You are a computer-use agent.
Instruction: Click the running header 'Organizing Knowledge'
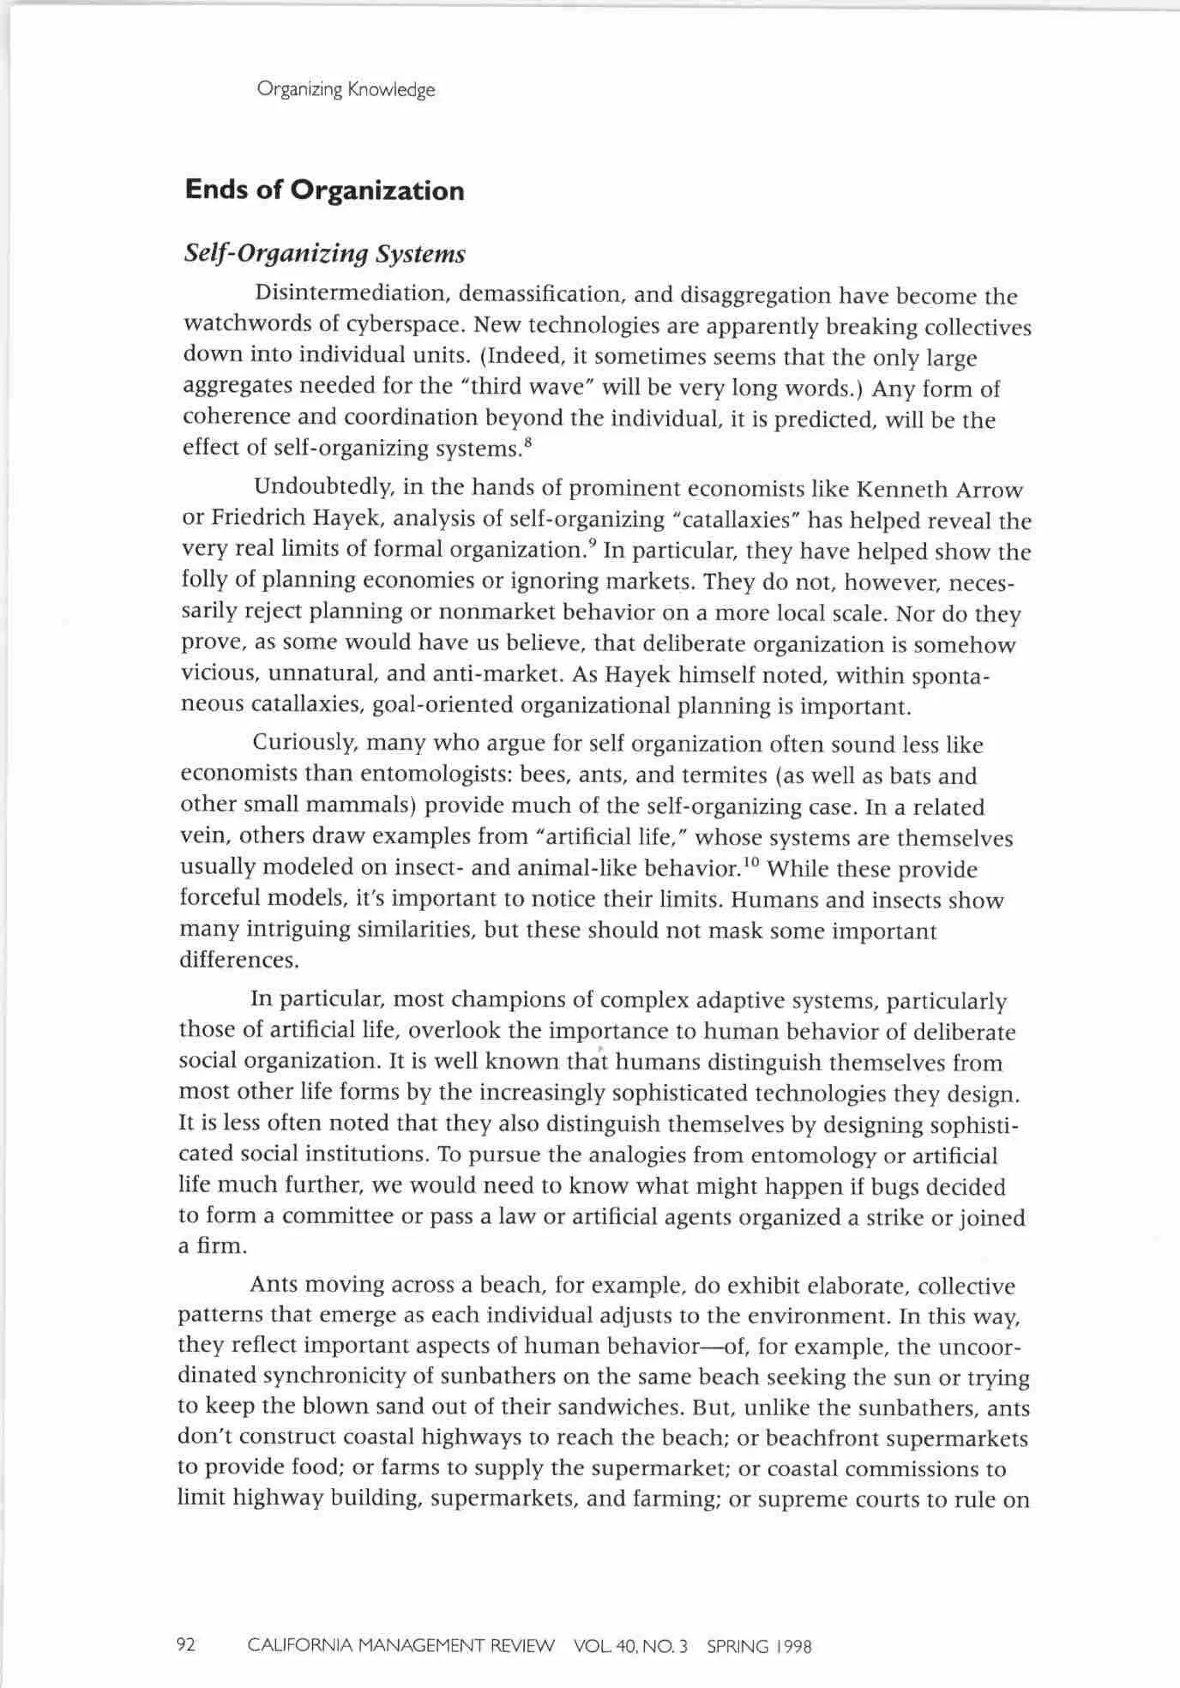(346, 90)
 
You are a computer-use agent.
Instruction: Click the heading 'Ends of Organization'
(324, 190)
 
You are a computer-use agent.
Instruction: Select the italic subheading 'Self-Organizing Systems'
(324, 254)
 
